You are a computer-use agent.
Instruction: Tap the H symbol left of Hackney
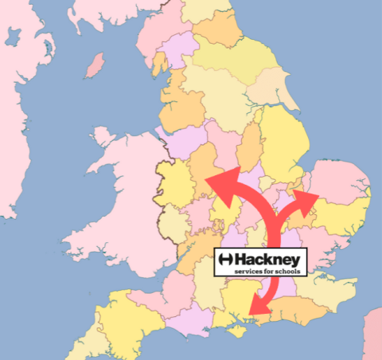point(226,260)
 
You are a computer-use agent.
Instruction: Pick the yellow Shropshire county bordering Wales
point(177,191)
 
